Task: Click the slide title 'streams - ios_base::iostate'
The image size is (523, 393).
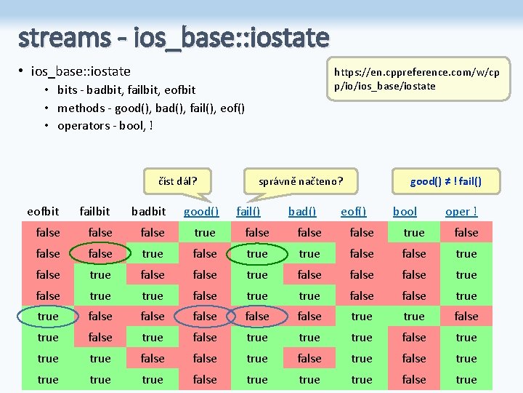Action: pyautogui.click(x=174, y=36)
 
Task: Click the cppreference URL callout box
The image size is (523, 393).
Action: pyautogui.click(x=416, y=79)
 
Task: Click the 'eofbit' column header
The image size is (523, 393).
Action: pyautogui.click(x=44, y=212)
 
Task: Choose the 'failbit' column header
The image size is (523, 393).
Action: pyautogui.click(x=94, y=212)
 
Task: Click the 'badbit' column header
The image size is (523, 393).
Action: pyautogui.click(x=148, y=212)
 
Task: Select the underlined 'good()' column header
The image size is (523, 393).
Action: pyautogui.click(x=201, y=212)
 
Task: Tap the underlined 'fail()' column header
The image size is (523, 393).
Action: pyautogui.click(x=249, y=212)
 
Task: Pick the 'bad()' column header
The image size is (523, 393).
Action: pyautogui.click(x=302, y=212)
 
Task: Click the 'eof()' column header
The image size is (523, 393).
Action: pyautogui.click(x=354, y=212)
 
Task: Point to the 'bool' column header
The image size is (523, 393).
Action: pyautogui.click(x=405, y=212)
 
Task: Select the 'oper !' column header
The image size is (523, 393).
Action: pyautogui.click(x=461, y=212)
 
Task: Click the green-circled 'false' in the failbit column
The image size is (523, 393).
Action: pyautogui.click(x=100, y=254)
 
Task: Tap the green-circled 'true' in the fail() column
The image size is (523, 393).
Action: pyautogui.click(x=257, y=254)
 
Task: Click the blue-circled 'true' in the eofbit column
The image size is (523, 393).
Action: pyautogui.click(x=48, y=317)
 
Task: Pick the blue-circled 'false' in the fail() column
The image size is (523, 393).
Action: pyautogui.click(x=257, y=317)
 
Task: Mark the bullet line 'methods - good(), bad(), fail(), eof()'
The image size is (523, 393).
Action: pyautogui.click(x=151, y=108)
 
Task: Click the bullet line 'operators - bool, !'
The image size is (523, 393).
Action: pyautogui.click(x=105, y=126)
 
